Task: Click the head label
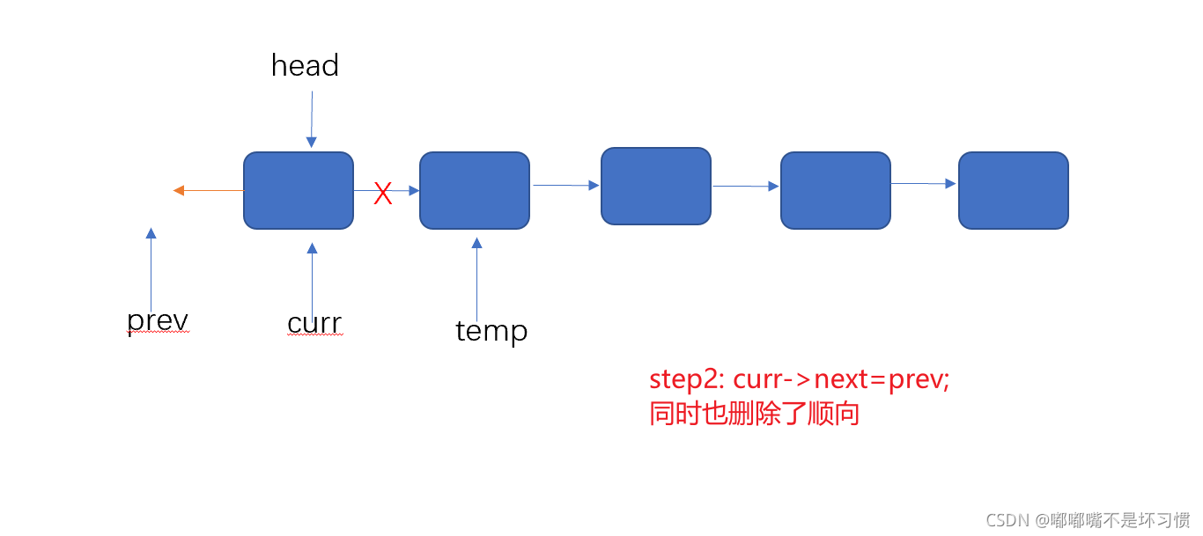pyautogui.click(x=305, y=65)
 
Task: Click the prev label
pyautogui.click(x=158, y=320)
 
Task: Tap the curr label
pyautogui.click(x=314, y=323)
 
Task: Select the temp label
pyautogui.click(x=491, y=330)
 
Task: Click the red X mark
pyautogui.click(x=382, y=194)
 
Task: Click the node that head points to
pyautogui.click(x=299, y=190)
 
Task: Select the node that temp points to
pyautogui.click(x=475, y=190)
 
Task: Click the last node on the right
pyautogui.click(x=1013, y=190)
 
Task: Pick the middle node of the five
pyautogui.click(x=656, y=186)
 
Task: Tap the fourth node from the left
pyautogui.click(x=836, y=190)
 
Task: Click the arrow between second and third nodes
pyautogui.click(x=565, y=185)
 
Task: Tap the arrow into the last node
pyautogui.click(x=924, y=183)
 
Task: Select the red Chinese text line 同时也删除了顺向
pyautogui.click(x=754, y=414)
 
